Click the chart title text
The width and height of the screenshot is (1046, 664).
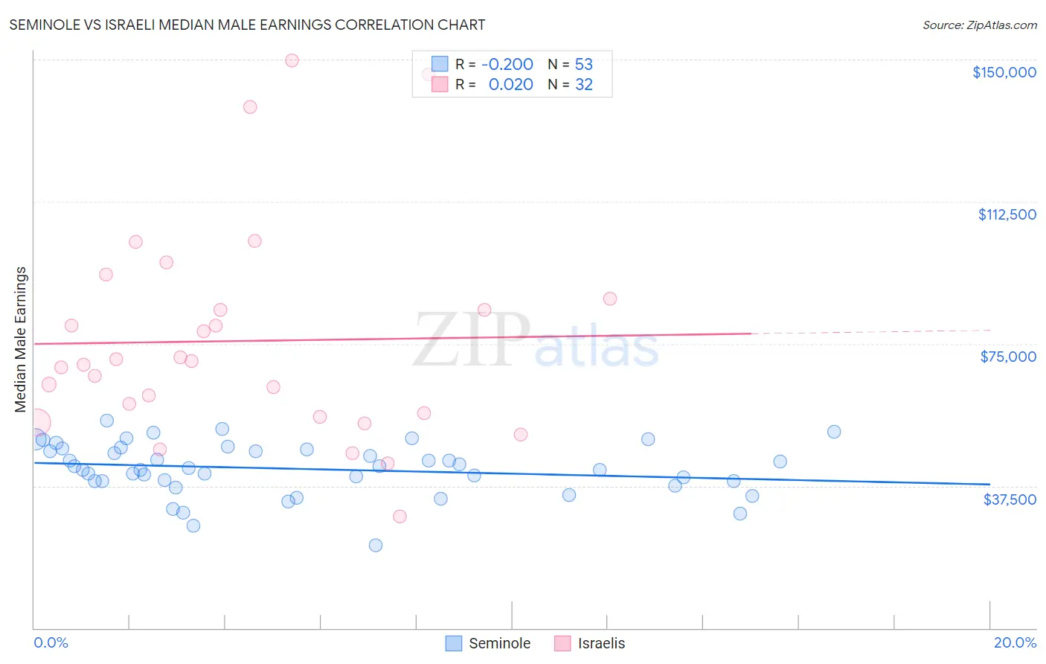pyautogui.click(x=247, y=25)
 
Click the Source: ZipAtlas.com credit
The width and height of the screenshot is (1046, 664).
pyautogui.click(x=979, y=25)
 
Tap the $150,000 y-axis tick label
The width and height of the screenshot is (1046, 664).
pyautogui.click(x=1004, y=72)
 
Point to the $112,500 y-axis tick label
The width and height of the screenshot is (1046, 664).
pyautogui.click(x=1007, y=214)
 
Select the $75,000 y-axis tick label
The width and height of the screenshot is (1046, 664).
pyautogui.click(x=1008, y=357)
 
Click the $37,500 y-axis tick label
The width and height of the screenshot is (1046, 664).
pyautogui.click(x=1010, y=499)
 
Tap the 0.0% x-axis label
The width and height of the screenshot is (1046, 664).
pyautogui.click(x=51, y=642)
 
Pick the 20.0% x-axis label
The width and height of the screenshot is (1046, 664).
pyautogui.click(x=1015, y=642)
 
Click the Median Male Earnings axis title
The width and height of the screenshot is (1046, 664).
pyautogui.click(x=21, y=339)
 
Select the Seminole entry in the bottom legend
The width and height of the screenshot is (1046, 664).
pyautogui.click(x=488, y=643)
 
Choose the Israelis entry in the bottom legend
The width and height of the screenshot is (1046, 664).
pyautogui.click(x=590, y=643)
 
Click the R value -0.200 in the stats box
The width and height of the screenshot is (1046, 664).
pyautogui.click(x=507, y=65)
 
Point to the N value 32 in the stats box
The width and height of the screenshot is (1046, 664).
pyautogui.click(x=584, y=85)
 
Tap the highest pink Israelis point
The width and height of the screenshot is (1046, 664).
pyautogui.click(x=292, y=60)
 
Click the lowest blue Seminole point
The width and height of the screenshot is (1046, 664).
pyautogui.click(x=376, y=545)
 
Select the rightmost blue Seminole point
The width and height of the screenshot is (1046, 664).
pyautogui.click(x=834, y=432)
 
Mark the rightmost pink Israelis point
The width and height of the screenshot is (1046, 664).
pyautogui.click(x=610, y=299)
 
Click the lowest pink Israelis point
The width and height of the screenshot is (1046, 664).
pyautogui.click(x=400, y=517)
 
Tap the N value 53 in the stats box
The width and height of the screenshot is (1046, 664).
pyautogui.click(x=584, y=65)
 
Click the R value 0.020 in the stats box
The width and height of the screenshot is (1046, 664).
pyautogui.click(x=510, y=85)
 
